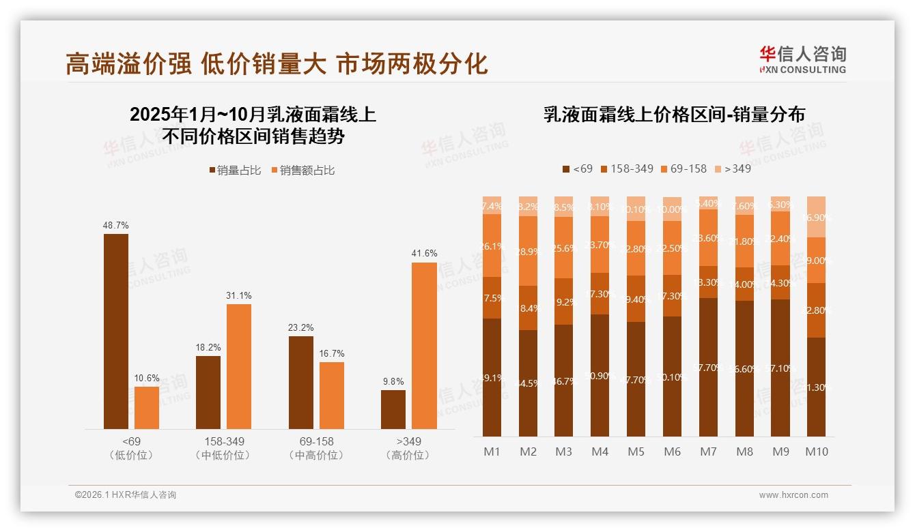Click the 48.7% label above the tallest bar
click(116, 225)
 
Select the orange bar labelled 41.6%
click(424, 346)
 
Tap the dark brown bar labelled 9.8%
click(393, 410)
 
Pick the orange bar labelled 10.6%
click(147, 408)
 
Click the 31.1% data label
click(239, 295)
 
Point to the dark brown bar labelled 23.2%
click(301, 383)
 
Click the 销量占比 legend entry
click(235, 171)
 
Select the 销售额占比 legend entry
click(303, 171)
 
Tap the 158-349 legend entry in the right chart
click(626, 168)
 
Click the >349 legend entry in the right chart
click(732, 168)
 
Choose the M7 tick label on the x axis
click(709, 452)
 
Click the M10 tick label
click(817, 452)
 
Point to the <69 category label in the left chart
click(130, 441)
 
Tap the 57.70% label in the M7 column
click(709, 367)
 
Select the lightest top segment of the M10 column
click(817, 216)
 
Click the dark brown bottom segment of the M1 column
click(492, 377)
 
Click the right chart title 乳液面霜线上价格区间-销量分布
click(674, 115)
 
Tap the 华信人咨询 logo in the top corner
click(802, 59)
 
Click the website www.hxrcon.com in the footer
click(793, 495)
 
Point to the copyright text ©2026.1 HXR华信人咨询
click(126, 495)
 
